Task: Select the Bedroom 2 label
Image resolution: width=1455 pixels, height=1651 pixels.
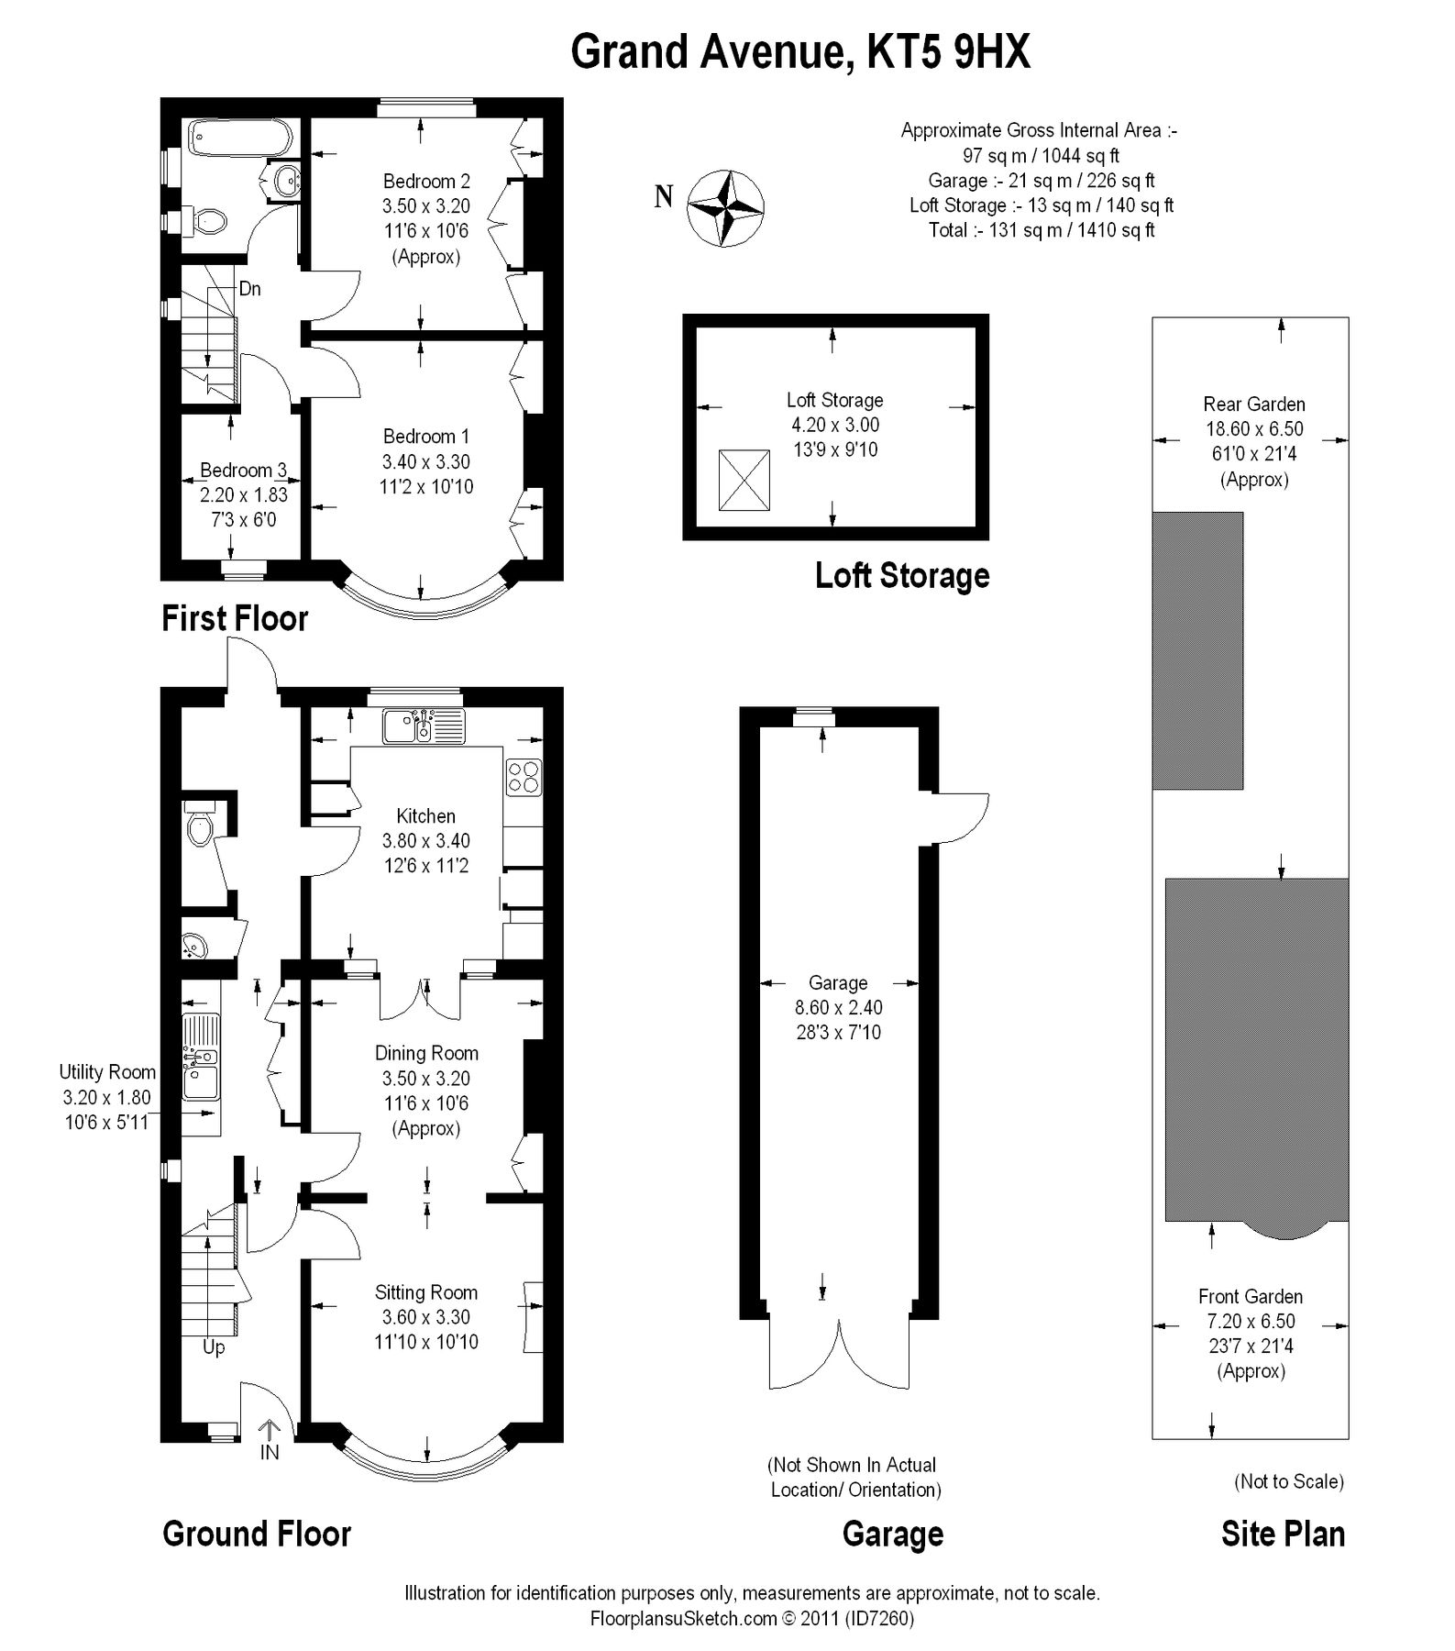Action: [426, 181]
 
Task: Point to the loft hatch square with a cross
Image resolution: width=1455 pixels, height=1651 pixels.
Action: [744, 480]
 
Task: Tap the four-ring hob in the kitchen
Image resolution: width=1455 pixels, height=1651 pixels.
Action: [524, 777]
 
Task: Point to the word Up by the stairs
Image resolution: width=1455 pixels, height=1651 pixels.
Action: [214, 1347]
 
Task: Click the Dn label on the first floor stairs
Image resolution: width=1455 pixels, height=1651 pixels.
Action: [249, 289]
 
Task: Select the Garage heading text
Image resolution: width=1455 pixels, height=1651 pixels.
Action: [892, 1534]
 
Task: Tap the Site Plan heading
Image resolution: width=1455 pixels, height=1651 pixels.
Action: [1283, 1534]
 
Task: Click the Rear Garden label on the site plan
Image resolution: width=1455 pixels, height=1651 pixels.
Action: [1253, 404]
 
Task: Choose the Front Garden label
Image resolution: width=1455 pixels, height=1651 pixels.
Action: [1250, 1296]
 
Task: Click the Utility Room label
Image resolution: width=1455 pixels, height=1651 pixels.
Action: [107, 1071]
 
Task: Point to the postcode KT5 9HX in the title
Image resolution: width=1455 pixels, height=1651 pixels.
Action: [948, 52]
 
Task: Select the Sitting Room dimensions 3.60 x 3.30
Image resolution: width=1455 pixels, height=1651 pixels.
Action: [426, 1317]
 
